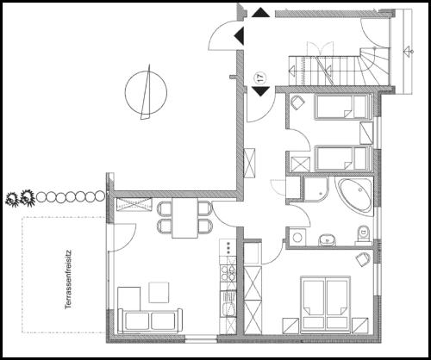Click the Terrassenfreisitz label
[68, 279]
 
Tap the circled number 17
[261, 78]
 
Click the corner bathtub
[355, 196]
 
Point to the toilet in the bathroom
[363, 234]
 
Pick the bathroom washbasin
[328, 240]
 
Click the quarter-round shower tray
[316, 189]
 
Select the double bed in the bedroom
[325, 305]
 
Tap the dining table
[185, 218]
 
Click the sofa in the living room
[150, 321]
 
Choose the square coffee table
[159, 293]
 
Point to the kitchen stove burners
[228, 273]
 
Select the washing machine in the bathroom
[297, 237]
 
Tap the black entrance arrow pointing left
[239, 36]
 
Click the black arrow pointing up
[261, 13]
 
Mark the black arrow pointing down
[261, 91]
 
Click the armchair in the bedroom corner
[363, 259]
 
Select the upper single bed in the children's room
[341, 107]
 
